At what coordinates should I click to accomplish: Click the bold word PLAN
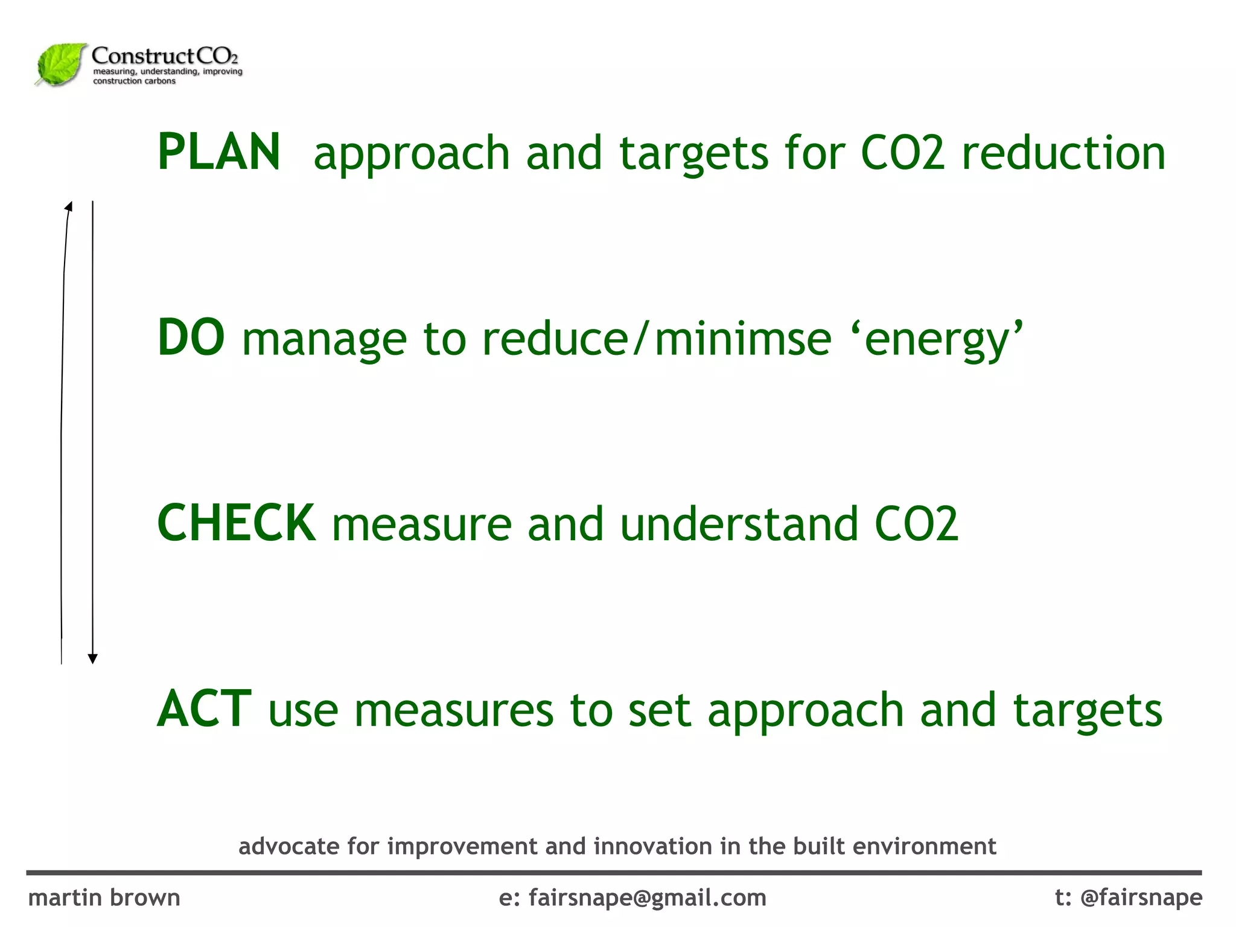[x=218, y=152]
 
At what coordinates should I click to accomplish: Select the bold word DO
[x=191, y=338]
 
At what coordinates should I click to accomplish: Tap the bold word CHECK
[x=236, y=523]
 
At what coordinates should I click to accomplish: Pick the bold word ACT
[x=204, y=709]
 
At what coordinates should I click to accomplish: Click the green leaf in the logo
[x=60, y=64]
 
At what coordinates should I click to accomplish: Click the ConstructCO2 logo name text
[x=165, y=56]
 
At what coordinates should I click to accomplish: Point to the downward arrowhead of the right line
[x=93, y=658]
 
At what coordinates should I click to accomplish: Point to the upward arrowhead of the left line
[x=69, y=207]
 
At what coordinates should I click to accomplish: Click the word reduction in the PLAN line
[x=1063, y=153]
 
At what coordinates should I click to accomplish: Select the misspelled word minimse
[x=743, y=339]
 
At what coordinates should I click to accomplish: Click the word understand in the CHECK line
[x=739, y=524]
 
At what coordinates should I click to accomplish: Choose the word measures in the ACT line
[x=454, y=710]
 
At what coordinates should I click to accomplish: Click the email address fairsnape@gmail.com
[x=648, y=897]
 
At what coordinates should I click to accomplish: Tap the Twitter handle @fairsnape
[x=1141, y=897]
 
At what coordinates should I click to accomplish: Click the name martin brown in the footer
[x=104, y=897]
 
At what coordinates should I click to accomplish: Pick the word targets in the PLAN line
[x=694, y=154]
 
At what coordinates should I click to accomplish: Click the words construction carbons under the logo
[x=134, y=81]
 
